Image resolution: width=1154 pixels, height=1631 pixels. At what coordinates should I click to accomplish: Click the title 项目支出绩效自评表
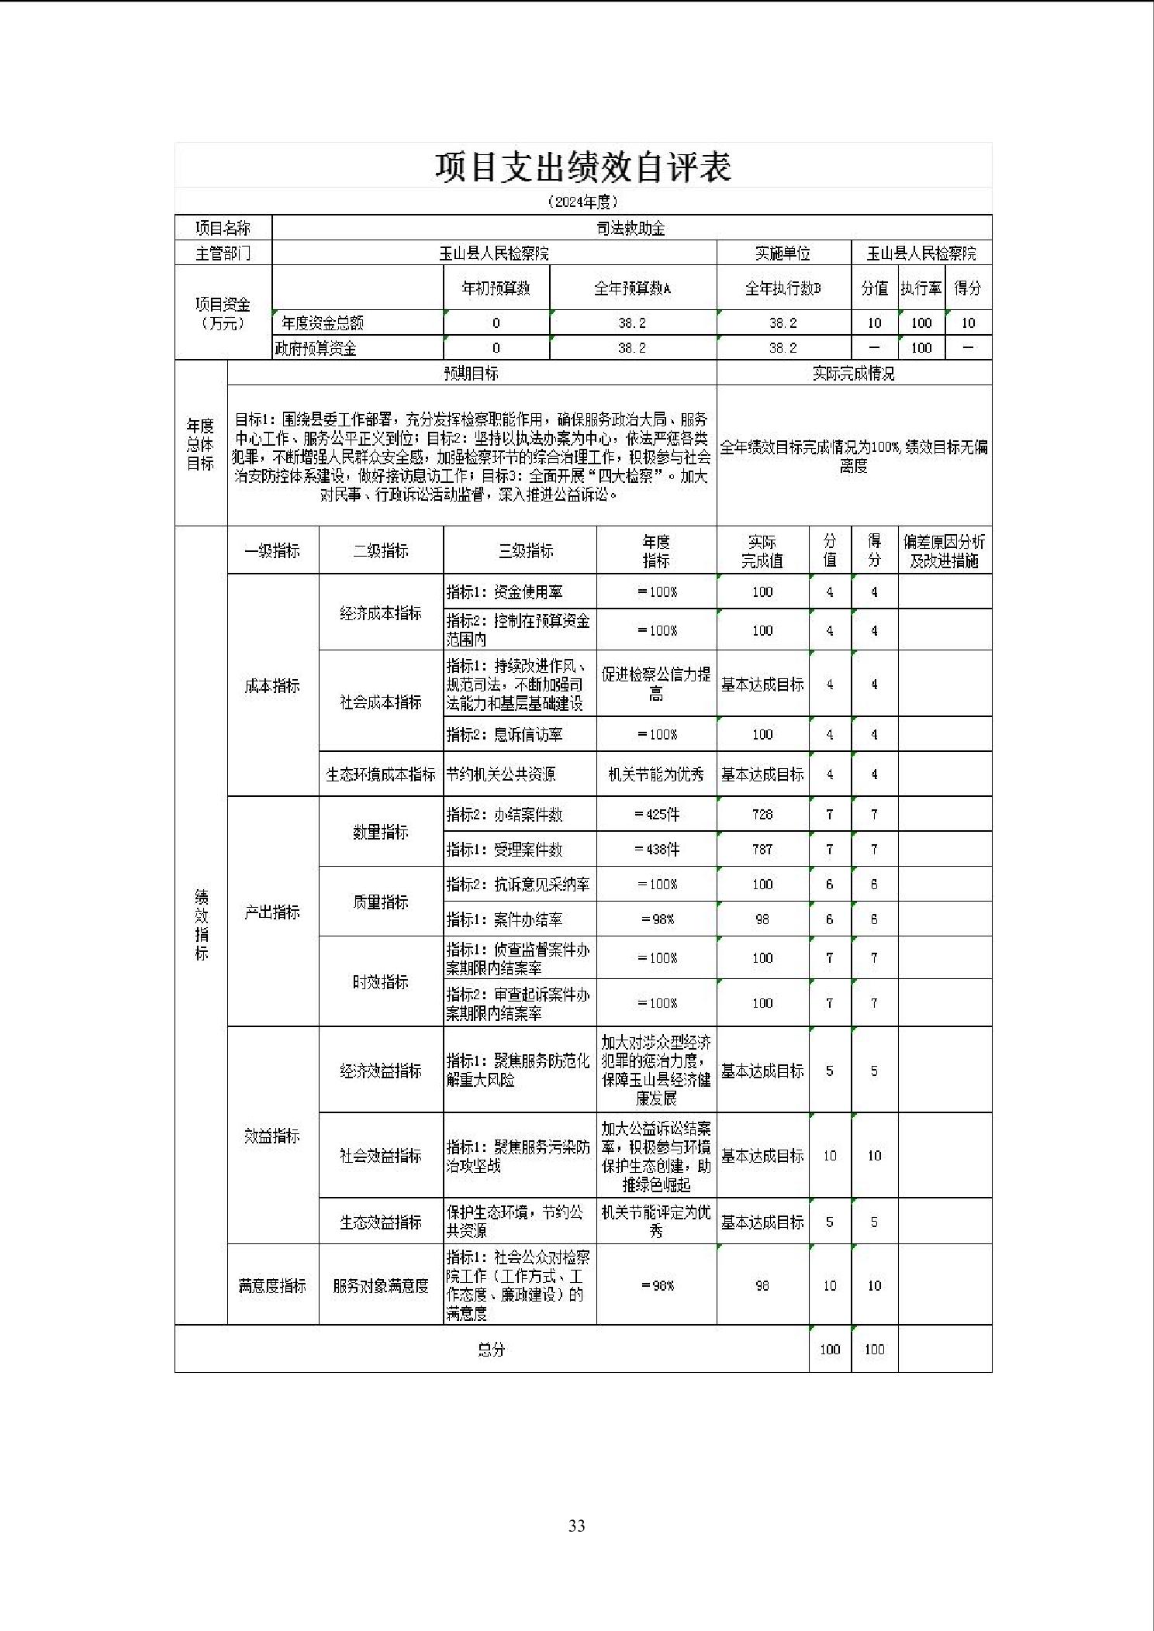[582, 167]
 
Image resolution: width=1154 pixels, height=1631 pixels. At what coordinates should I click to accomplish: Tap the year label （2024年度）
[582, 202]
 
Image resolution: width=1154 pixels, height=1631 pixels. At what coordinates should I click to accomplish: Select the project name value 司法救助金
[631, 228]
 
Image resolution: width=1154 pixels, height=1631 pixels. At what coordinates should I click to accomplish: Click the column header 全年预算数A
[632, 288]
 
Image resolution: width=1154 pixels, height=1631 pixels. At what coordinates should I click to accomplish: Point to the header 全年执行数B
[783, 288]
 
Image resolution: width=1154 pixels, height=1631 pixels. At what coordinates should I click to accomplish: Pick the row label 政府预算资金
[316, 348]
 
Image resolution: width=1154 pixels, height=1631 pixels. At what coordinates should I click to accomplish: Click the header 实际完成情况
[853, 374]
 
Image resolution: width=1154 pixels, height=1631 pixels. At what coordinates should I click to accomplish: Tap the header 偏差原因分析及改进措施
[944, 551]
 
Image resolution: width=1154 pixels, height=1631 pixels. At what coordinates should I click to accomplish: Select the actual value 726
[762, 814]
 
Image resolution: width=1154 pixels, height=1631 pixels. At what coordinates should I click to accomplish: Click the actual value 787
[762, 849]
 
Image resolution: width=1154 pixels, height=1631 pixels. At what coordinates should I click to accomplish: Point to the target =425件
[656, 814]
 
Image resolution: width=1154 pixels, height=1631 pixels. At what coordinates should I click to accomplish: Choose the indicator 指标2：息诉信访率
[505, 734]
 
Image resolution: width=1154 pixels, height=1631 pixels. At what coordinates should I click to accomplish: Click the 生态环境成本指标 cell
[380, 774]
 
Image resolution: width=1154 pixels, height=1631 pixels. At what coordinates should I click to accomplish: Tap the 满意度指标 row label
[272, 1285]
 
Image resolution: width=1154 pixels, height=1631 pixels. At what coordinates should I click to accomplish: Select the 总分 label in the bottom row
[491, 1349]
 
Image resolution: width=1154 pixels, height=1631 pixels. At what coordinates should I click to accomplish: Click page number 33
[576, 1526]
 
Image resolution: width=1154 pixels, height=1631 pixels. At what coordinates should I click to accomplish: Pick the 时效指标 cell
[380, 981]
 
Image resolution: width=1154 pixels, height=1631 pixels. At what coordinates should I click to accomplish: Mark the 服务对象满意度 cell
[380, 1285]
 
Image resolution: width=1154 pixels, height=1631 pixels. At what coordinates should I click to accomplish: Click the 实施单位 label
[783, 253]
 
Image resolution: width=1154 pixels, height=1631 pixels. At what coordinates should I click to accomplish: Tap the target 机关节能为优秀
[656, 774]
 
